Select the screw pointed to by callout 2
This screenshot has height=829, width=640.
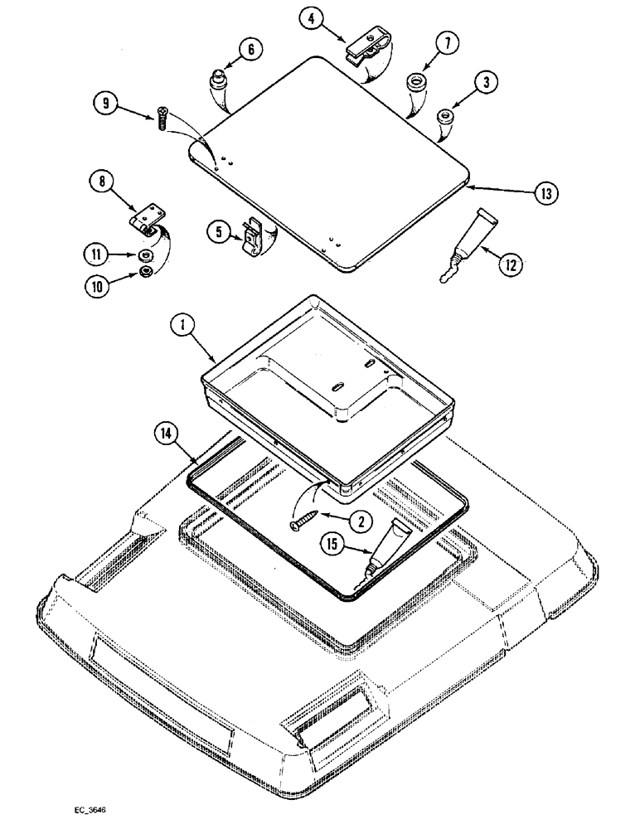click(303, 522)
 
